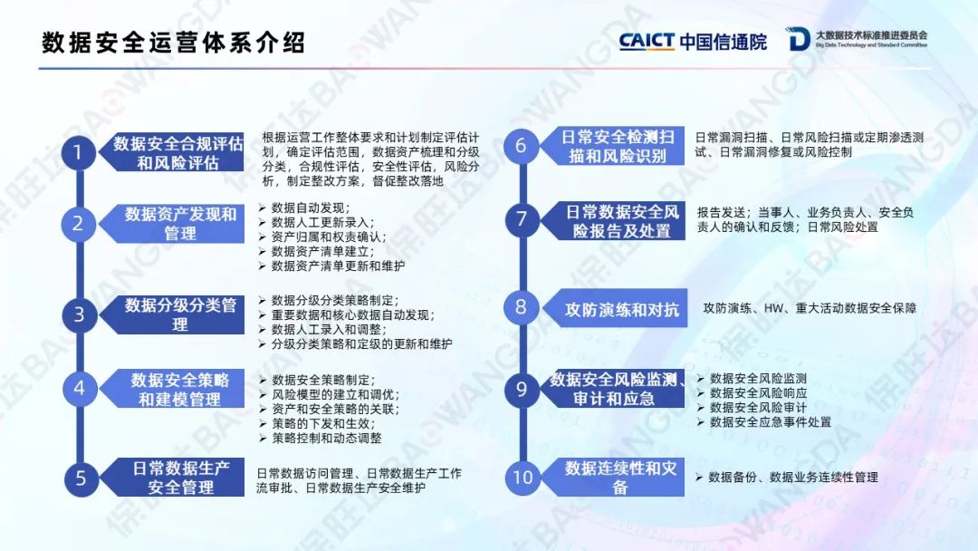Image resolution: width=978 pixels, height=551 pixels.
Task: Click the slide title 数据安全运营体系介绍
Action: pyautogui.click(x=173, y=43)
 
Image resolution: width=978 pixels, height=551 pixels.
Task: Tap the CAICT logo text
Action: pyautogui.click(x=647, y=41)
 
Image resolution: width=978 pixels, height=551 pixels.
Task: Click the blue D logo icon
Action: pyautogui.click(x=798, y=39)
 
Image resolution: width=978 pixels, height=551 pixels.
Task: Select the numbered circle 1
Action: pyautogui.click(x=78, y=152)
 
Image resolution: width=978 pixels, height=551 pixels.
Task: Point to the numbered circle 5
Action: pyautogui.click(x=81, y=478)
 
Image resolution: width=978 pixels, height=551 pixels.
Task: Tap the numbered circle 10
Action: pyautogui.click(x=523, y=478)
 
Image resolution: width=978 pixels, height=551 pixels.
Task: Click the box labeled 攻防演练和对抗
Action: pyautogui.click(x=615, y=308)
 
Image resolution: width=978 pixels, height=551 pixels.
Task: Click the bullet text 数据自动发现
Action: pyautogui.click(x=311, y=208)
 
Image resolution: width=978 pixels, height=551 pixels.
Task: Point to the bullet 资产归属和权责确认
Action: pyautogui.click(x=329, y=237)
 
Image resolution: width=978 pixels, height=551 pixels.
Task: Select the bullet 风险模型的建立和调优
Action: pyautogui.click(x=336, y=394)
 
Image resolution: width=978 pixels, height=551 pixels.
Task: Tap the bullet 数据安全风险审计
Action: pyautogui.click(x=758, y=408)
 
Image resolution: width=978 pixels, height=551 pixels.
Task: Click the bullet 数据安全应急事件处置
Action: pyautogui.click(x=771, y=421)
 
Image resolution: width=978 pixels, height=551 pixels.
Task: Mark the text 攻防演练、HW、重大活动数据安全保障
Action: pyautogui.click(x=810, y=308)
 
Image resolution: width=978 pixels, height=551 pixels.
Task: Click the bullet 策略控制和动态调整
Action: pyautogui.click(x=327, y=438)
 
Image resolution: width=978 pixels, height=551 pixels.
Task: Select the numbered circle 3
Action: pyautogui.click(x=79, y=314)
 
